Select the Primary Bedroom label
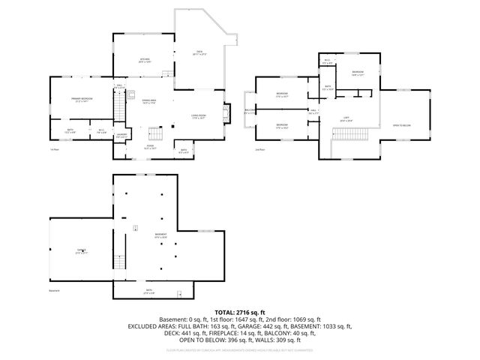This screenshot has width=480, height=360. click(x=82, y=100)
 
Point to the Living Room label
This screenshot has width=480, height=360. click(x=199, y=115)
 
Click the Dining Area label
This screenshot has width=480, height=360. click(x=149, y=101)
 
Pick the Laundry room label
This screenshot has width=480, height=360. click(x=122, y=136)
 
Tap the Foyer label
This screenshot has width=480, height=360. click(x=149, y=147)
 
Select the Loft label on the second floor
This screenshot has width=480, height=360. click(x=346, y=118)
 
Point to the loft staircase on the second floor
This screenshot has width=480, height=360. click(x=350, y=133)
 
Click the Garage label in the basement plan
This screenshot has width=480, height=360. click(x=81, y=251)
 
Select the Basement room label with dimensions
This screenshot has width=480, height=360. click(x=161, y=235)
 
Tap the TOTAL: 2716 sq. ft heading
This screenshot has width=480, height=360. click(x=239, y=311)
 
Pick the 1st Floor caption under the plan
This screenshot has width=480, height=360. click(x=54, y=149)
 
